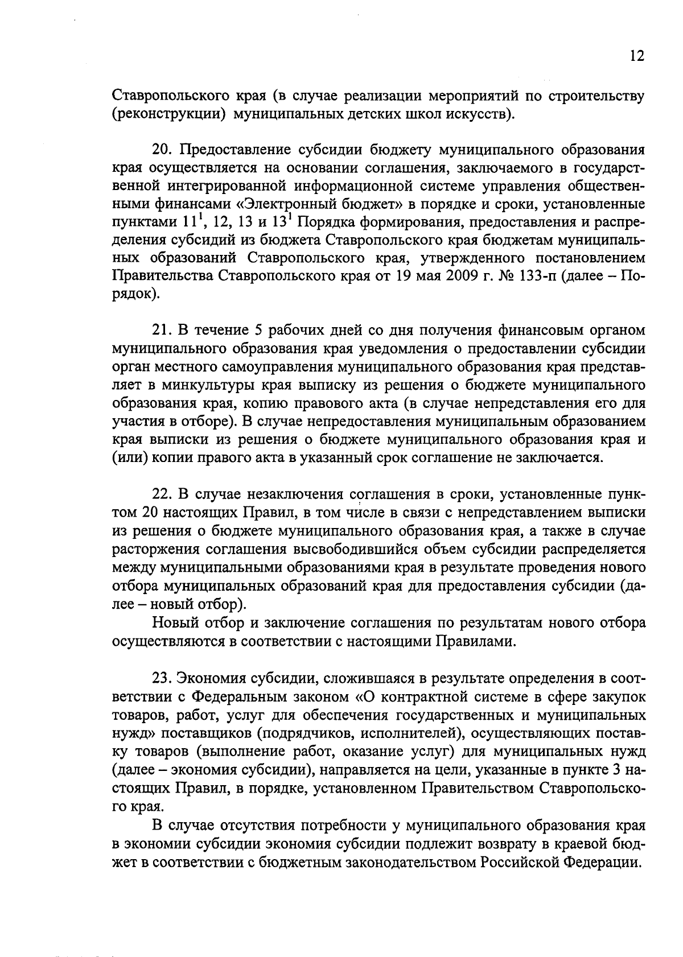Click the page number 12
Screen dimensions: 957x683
pyautogui.click(x=637, y=57)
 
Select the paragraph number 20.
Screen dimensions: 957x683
pyautogui.click(x=162, y=150)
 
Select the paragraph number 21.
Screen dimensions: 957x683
pyautogui.click(x=162, y=331)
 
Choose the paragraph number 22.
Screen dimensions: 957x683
pyautogui.click(x=162, y=494)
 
